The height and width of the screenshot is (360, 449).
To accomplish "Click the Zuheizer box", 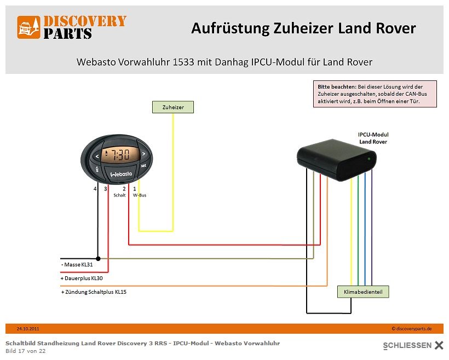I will (172, 107).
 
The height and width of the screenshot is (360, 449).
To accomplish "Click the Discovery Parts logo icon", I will (29, 27).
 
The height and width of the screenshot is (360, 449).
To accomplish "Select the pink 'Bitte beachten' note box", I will (375, 94).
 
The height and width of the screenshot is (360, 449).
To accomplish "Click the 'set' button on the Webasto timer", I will (143, 165).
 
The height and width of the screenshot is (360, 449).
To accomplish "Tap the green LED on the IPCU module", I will (369, 159).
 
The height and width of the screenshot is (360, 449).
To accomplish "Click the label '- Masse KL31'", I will (78, 265).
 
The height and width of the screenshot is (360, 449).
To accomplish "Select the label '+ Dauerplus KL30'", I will (82, 278).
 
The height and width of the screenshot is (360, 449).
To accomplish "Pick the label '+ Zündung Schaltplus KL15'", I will (94, 292).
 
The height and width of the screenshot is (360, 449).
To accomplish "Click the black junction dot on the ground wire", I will (98, 258).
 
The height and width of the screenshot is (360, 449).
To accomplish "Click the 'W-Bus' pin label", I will (140, 195).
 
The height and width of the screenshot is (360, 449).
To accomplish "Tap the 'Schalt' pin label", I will (119, 195).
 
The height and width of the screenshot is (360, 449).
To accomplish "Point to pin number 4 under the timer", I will (95, 189).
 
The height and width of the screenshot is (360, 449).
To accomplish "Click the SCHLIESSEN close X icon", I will (439, 345).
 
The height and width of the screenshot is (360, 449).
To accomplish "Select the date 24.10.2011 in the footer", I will (28, 329).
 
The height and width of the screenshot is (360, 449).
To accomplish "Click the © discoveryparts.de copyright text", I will (412, 329).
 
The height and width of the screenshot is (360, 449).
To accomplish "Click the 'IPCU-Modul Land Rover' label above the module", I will (373, 138).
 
